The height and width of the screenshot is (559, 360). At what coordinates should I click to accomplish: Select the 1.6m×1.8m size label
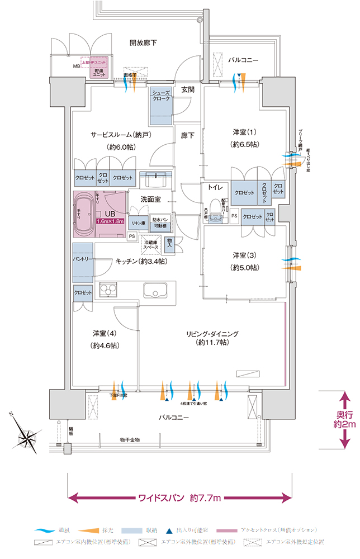coord(111,221)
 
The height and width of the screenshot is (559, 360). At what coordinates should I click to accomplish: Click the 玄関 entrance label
coord(188,89)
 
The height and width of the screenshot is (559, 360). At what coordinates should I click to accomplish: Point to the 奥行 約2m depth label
coord(344,420)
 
